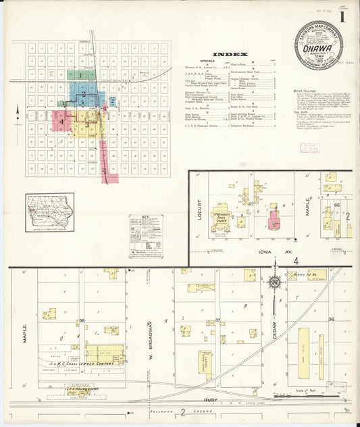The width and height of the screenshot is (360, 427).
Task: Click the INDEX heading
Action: click(x=230, y=54)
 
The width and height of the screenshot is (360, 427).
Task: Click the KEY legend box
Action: click(x=146, y=236)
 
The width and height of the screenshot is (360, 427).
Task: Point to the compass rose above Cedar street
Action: click(x=274, y=283)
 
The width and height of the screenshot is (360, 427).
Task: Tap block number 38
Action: click(x=82, y=321)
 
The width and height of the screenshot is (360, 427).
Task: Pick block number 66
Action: click(x=336, y=205)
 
